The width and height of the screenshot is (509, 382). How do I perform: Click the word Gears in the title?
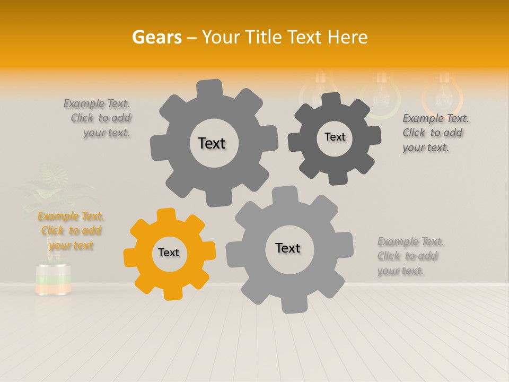tap(156, 37)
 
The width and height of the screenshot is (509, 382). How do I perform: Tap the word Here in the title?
tap(347, 37)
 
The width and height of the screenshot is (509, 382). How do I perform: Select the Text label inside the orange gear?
tap(169, 253)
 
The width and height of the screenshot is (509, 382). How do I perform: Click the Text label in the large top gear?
tap(212, 143)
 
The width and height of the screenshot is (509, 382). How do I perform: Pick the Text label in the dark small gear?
tap(335, 137)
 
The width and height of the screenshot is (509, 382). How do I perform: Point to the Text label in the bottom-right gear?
tap(288, 248)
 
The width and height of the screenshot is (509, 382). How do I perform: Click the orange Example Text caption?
tap(71, 231)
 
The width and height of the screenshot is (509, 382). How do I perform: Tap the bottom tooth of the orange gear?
tap(171, 292)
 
